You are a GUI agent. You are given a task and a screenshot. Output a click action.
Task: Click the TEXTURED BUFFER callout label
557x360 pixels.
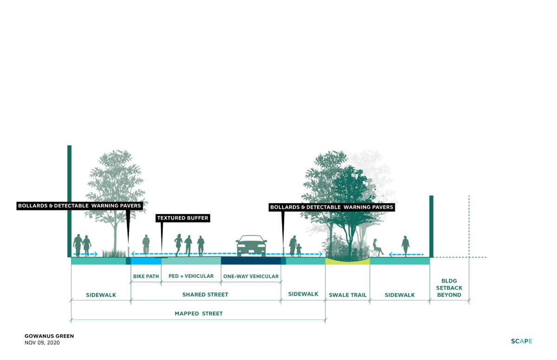[x=183, y=218]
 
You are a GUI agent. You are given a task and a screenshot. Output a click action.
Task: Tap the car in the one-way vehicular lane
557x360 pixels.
[x=251, y=245]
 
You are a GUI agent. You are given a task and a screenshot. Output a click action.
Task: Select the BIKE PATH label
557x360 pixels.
[x=146, y=276]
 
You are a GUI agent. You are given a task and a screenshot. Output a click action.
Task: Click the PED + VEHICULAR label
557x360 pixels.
[x=191, y=276]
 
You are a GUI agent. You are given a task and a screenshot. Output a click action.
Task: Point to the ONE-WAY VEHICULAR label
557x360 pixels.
[x=251, y=276]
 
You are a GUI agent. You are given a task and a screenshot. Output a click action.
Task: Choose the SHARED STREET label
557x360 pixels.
[x=205, y=295]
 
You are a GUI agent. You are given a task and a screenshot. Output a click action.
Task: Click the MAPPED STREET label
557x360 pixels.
[x=199, y=314]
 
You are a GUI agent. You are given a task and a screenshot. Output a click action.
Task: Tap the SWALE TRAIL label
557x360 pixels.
[x=348, y=295]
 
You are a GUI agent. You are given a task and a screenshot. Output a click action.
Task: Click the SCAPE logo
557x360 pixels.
[x=522, y=341]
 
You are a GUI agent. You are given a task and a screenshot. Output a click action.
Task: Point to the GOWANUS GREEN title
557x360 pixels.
[x=49, y=336]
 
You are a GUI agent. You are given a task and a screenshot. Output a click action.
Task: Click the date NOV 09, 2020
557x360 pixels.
[x=42, y=343]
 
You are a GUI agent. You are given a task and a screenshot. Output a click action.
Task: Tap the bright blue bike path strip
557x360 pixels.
[x=146, y=261]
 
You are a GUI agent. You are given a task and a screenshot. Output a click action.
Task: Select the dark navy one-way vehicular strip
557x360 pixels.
[x=251, y=261]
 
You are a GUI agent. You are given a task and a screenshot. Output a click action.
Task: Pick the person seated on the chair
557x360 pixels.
[x=377, y=248]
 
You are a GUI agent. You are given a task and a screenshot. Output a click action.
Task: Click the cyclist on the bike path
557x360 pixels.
[x=146, y=244]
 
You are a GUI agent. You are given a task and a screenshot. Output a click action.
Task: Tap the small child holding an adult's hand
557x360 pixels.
[x=299, y=250]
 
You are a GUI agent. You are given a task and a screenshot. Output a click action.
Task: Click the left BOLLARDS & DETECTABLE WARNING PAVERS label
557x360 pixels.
[x=79, y=206]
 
